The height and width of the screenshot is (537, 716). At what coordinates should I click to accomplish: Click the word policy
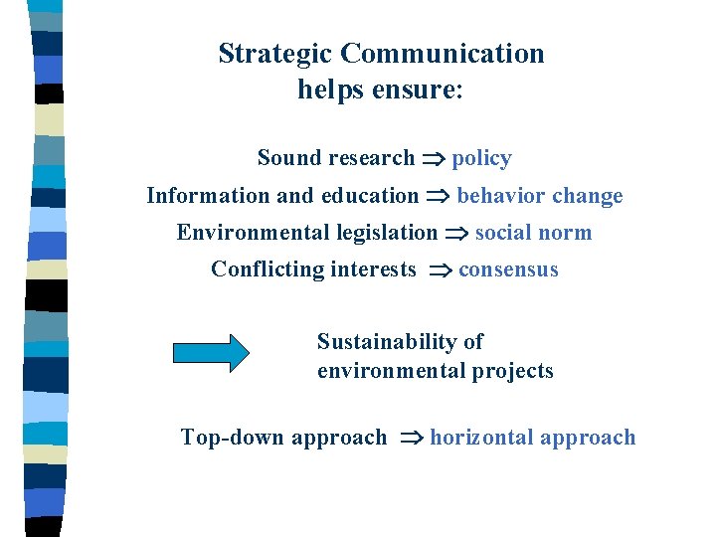coord(481,158)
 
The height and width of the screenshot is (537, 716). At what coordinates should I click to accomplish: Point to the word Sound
coord(289,158)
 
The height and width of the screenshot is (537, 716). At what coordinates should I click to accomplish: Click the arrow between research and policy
coord(433,159)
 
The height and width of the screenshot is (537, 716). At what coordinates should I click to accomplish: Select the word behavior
coord(500,196)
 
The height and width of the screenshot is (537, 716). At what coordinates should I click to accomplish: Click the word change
coord(587,196)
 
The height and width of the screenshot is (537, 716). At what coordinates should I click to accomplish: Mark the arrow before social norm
coord(456,234)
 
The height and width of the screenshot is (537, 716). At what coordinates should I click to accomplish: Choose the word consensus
coord(508,269)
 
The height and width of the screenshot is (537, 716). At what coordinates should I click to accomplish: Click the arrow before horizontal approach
coord(411,439)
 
